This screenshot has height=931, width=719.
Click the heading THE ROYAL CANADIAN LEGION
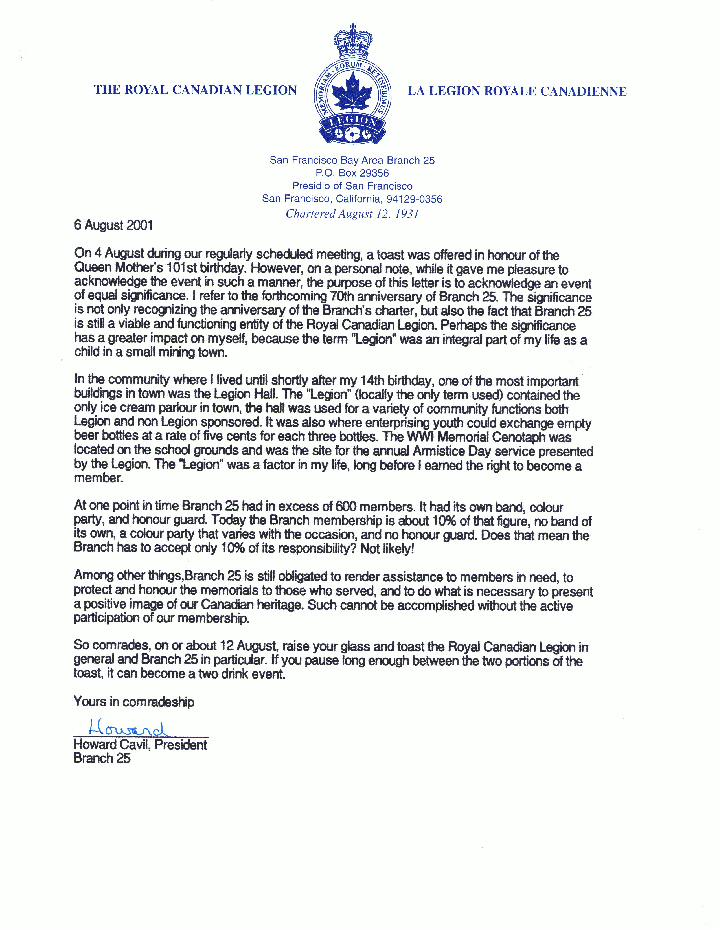tap(195, 90)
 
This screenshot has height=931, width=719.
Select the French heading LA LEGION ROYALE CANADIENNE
tap(517, 91)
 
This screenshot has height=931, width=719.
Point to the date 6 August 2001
tap(113, 225)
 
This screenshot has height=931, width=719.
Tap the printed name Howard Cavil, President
tap(140, 745)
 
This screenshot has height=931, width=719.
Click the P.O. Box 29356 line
tap(352, 173)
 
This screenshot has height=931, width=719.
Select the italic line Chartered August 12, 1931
tap(352, 214)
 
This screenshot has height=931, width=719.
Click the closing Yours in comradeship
tap(134, 702)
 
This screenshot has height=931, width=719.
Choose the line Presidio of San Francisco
tap(352, 186)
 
